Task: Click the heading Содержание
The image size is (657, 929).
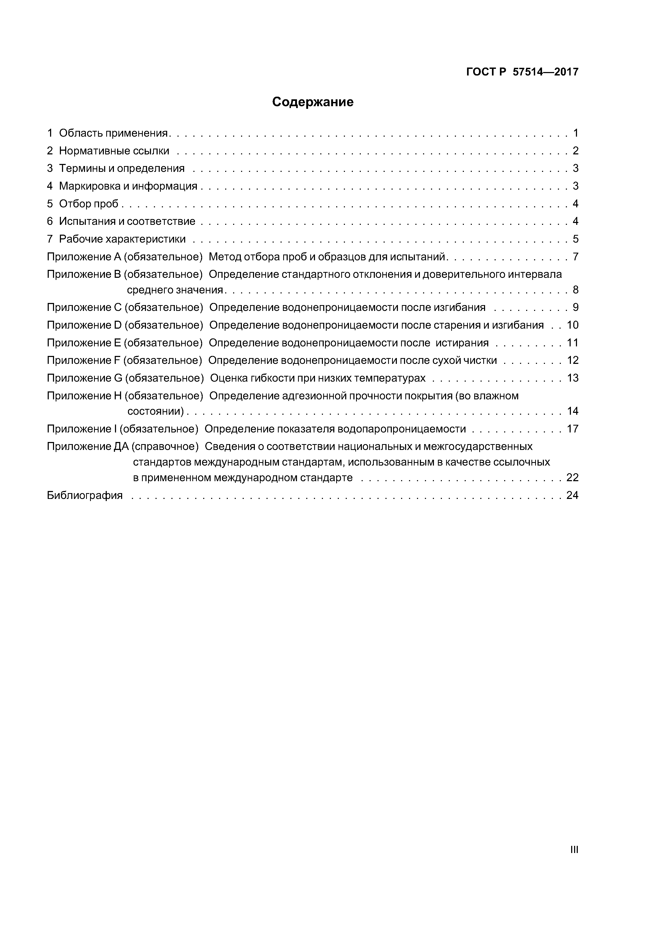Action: tap(313, 102)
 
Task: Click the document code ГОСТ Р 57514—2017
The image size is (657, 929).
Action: tap(522, 72)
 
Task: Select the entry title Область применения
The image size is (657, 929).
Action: tap(113, 133)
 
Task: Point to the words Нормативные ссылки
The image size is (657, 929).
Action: tap(114, 151)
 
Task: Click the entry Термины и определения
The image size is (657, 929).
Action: tap(122, 168)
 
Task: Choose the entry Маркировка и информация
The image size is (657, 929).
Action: tap(128, 186)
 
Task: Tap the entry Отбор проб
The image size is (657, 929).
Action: tap(89, 204)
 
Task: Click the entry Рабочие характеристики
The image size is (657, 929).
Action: tap(122, 239)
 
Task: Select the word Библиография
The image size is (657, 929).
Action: tap(85, 495)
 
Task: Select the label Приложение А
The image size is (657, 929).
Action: tap(84, 257)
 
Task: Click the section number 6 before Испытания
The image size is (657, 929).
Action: tap(50, 221)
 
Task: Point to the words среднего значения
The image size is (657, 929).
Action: tap(175, 290)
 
